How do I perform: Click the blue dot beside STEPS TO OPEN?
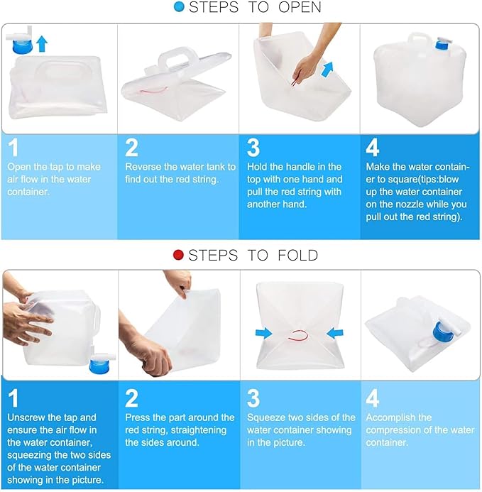[x=179, y=7]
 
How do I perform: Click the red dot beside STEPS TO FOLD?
[x=178, y=255]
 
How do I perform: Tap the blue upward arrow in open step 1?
[x=42, y=43]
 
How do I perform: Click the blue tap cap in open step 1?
[x=22, y=47]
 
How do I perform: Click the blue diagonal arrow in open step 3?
[x=328, y=70]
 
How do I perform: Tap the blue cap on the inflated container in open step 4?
[x=442, y=45]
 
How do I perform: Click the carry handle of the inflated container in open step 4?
[x=420, y=40]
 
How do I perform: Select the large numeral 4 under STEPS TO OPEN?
[x=372, y=148]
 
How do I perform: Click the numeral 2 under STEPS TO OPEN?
[x=131, y=148]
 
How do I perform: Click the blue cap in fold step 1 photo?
[x=100, y=366]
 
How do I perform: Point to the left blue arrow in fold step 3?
[x=264, y=333]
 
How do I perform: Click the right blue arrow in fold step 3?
[x=335, y=333]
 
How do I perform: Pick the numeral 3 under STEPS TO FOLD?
[x=253, y=398]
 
